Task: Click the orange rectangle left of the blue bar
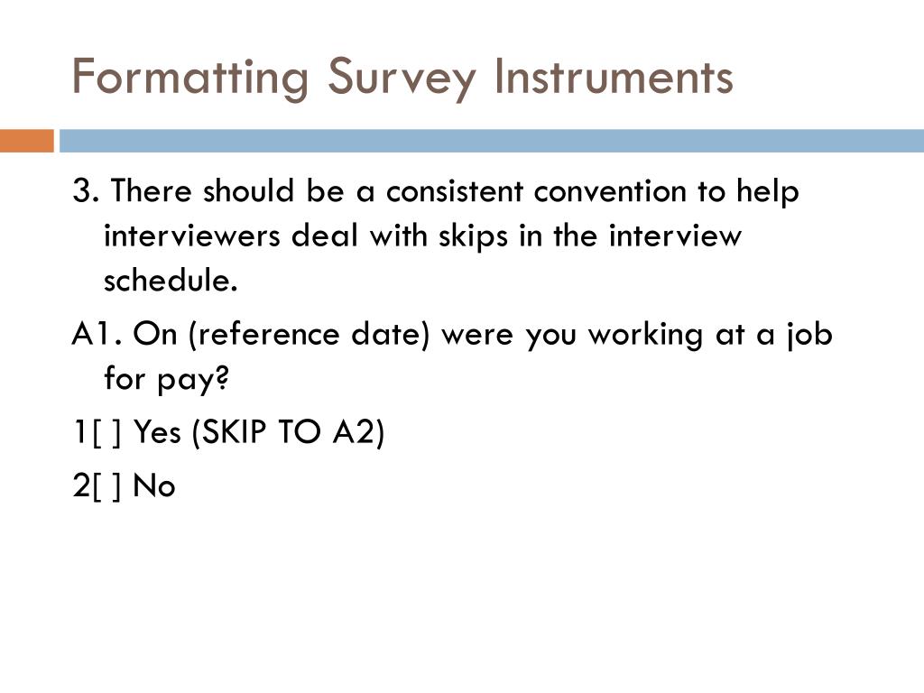pyautogui.click(x=26, y=141)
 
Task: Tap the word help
pyautogui.click(x=768, y=191)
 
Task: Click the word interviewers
pyautogui.click(x=191, y=236)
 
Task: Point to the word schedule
pyautogui.click(x=171, y=281)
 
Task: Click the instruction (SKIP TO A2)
pyautogui.click(x=288, y=433)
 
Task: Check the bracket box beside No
pyautogui.click(x=109, y=486)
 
